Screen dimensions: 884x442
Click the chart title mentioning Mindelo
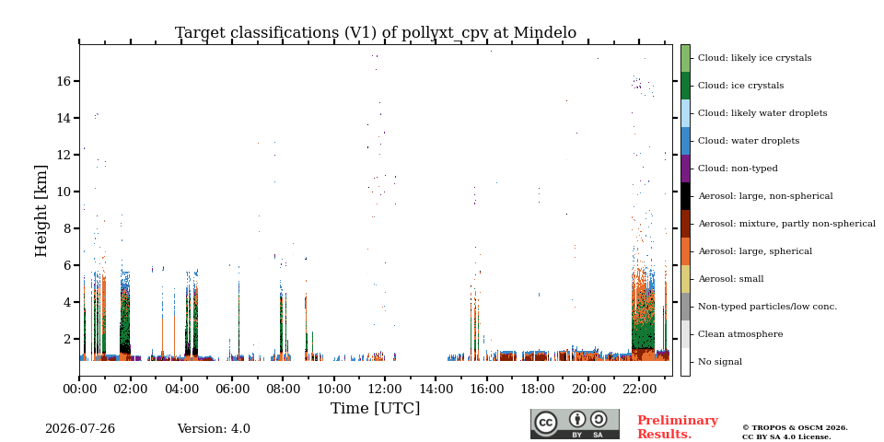[376, 33]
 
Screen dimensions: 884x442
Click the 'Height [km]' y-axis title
[41, 211]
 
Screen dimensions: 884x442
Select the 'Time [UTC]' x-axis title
[375, 408]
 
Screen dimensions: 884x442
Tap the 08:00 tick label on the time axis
[283, 390]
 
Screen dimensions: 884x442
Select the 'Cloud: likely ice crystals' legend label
[755, 57]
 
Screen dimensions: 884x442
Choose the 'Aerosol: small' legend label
[730, 278]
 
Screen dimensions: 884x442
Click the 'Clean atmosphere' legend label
[740, 333]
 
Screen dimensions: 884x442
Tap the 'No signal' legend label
[720, 361]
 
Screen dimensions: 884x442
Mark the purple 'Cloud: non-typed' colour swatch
[685, 168]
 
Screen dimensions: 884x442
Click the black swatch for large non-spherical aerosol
[685, 195]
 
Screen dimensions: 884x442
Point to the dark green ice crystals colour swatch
[685, 85]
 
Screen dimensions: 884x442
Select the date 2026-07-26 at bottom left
[80, 429]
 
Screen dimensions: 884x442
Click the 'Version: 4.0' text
[214, 429]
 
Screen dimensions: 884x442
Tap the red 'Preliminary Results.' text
[678, 427]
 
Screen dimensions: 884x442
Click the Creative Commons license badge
[575, 424]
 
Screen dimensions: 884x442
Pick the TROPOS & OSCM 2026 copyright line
[795, 428]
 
